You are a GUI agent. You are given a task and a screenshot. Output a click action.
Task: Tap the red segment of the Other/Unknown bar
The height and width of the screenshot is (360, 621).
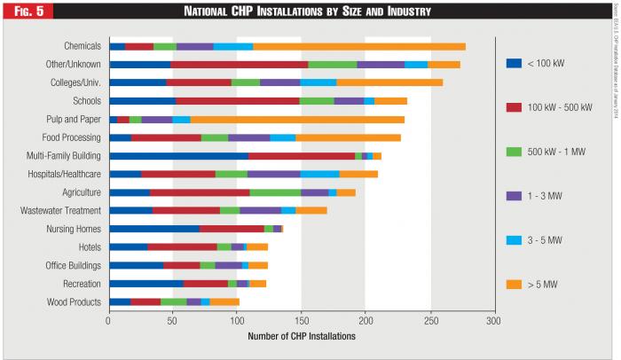[x=240, y=64]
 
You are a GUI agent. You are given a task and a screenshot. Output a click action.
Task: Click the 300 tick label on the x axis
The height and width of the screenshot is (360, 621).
[x=493, y=321]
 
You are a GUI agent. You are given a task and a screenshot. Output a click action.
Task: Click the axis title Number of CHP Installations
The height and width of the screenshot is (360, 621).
[x=301, y=337]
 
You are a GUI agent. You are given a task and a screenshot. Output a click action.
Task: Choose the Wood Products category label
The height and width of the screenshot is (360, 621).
[x=74, y=302]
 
